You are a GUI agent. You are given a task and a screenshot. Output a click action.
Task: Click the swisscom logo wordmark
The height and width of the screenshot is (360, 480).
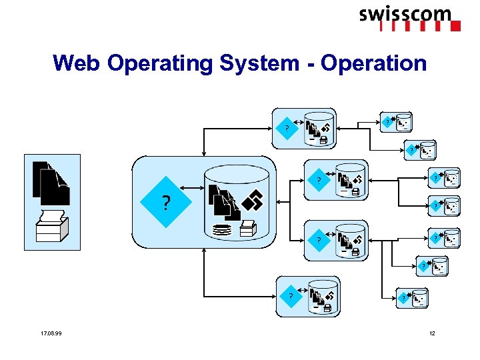405,14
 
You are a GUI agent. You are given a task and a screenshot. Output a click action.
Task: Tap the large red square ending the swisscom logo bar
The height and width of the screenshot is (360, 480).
455,27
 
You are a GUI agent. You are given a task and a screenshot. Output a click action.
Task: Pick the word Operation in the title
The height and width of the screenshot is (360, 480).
373,63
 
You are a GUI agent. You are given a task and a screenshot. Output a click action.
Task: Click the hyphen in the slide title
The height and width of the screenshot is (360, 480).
309,64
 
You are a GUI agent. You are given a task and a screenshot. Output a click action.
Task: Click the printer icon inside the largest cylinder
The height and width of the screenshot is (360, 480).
247,229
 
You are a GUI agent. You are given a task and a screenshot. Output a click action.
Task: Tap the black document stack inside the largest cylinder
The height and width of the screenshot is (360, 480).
222,201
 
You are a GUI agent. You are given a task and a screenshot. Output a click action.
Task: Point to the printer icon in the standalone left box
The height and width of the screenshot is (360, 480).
51,227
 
